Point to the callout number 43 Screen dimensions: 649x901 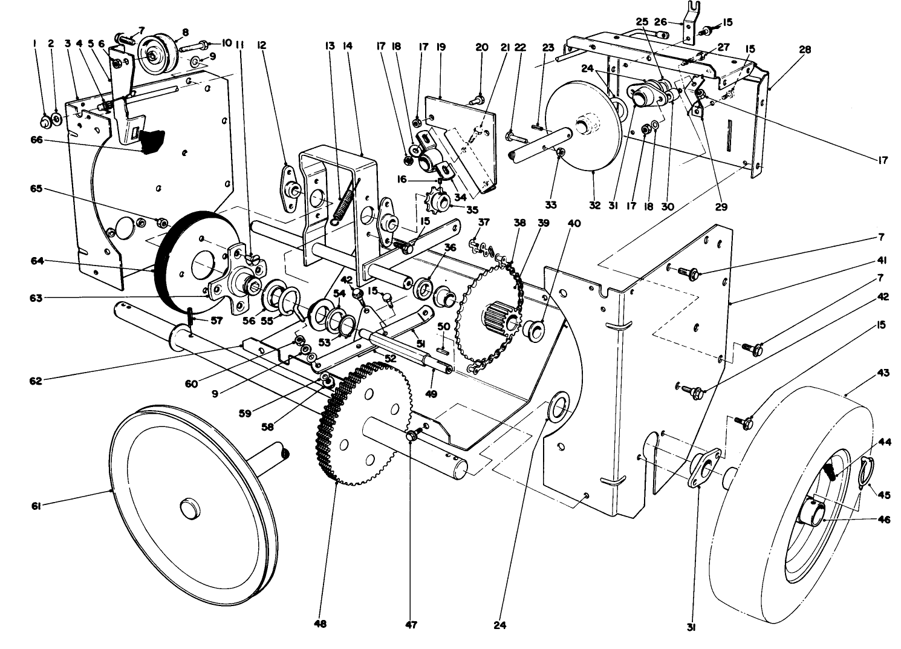tap(883, 373)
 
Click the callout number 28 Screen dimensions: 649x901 tap(804, 50)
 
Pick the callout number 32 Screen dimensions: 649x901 tap(594, 206)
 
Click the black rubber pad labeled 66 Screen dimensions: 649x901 tap(151, 141)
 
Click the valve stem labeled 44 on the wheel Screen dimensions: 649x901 tap(829, 469)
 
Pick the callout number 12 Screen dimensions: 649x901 tap(261, 45)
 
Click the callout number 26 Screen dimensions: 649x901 tap(660, 22)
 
